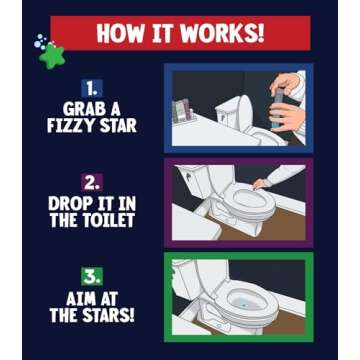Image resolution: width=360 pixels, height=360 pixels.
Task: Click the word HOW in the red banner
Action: [x=117, y=33]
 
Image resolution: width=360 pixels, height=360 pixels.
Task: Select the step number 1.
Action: [x=93, y=88]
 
